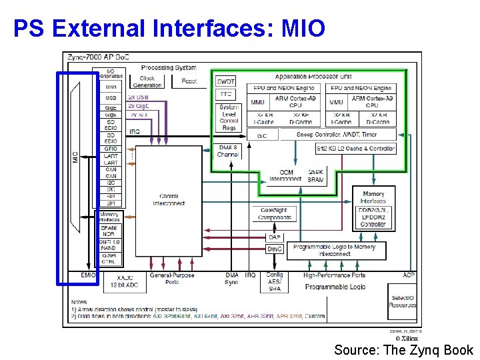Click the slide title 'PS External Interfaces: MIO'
pos(169,28)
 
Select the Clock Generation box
pos(147,81)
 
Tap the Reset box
pos(189,81)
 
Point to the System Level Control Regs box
pos(229,117)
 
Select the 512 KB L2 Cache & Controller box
pos(356,149)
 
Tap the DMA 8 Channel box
pos(228,151)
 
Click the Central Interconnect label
pos(168,200)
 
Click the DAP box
pos(274,237)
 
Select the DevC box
pos(274,249)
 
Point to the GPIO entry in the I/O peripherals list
pos(111,149)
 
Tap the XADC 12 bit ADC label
pos(125,281)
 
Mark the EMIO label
pos(89,275)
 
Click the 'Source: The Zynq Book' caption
pos(403,350)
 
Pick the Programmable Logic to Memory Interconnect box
pos(335,250)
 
